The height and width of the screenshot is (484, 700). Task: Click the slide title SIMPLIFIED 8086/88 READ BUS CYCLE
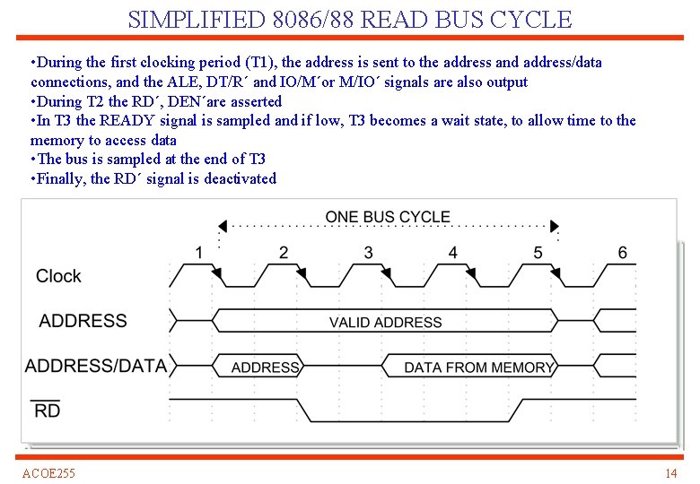click(x=350, y=19)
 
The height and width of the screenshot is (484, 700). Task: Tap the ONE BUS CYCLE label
click(x=388, y=217)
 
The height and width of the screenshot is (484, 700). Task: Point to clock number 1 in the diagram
click(x=199, y=253)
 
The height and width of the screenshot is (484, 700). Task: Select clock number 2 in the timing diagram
click(x=284, y=253)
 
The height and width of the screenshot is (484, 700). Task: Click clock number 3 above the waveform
click(x=368, y=253)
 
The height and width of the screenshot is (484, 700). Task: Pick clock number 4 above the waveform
click(x=452, y=253)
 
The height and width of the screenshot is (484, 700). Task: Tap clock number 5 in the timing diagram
click(x=538, y=253)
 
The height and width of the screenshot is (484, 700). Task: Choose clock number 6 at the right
click(x=622, y=253)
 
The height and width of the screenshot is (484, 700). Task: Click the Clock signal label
click(x=58, y=276)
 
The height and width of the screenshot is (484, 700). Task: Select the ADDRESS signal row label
click(x=83, y=321)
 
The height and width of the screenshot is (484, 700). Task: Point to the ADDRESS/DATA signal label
click(x=95, y=366)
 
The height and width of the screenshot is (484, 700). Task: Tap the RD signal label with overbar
click(x=47, y=411)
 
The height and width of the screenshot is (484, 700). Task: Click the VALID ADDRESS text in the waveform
click(x=385, y=323)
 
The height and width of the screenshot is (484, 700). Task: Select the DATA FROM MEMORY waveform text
click(x=478, y=367)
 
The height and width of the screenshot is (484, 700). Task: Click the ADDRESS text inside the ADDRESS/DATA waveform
click(x=265, y=367)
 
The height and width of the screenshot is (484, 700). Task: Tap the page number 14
click(x=670, y=473)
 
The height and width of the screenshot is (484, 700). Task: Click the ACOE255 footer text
click(x=48, y=473)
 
